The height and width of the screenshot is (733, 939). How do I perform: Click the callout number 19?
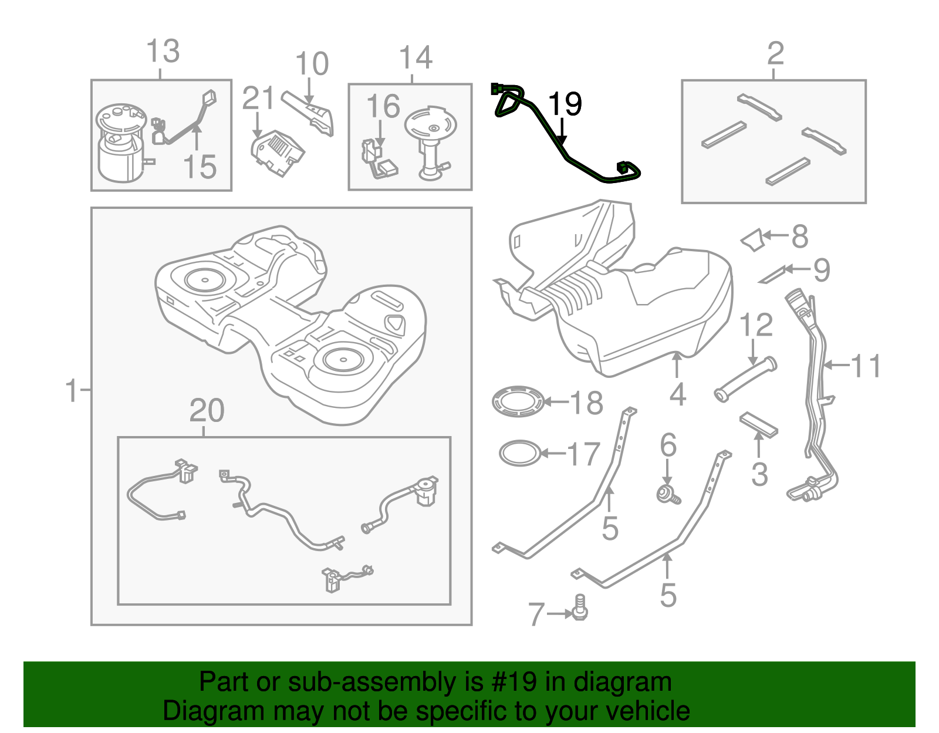pos(565,104)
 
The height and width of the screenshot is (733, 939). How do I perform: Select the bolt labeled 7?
pos(580,607)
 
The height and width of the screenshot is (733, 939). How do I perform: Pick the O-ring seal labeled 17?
pos(519,453)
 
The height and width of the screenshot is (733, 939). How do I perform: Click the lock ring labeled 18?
pos(518,402)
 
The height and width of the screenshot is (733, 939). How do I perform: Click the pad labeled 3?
pos(758,424)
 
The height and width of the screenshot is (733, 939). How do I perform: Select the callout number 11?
pos(866,366)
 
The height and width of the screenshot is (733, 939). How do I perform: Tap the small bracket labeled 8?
pos(752,241)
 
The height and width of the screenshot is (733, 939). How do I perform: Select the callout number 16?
pos(383,107)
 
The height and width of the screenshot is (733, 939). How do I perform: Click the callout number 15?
pos(200,167)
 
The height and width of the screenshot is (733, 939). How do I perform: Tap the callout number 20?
pos(207,411)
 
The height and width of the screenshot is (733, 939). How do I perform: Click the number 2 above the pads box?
pos(775,54)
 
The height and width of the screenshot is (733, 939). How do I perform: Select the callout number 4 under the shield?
pos(677,394)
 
